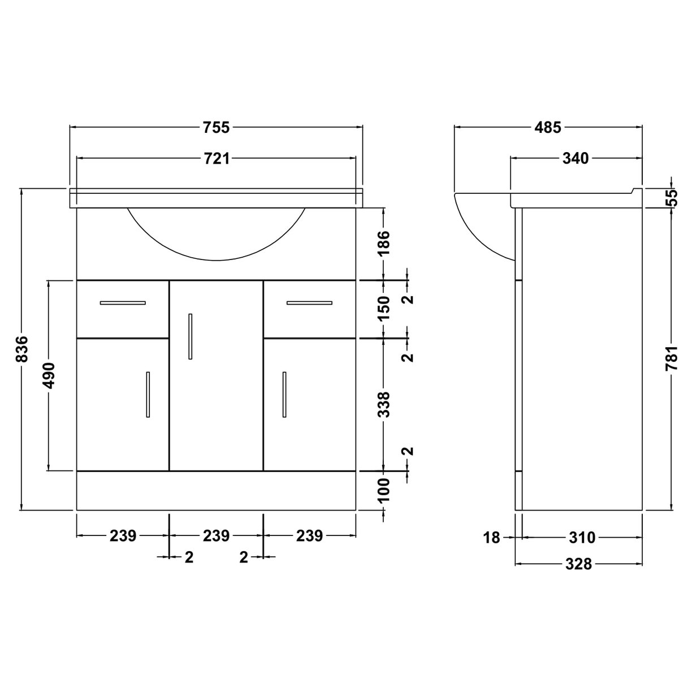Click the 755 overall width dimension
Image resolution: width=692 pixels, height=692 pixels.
[x=216, y=128]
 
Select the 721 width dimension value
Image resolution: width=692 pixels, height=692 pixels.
[x=216, y=159]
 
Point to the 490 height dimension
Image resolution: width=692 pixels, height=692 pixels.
[x=49, y=375]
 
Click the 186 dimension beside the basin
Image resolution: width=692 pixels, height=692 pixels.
[x=384, y=243]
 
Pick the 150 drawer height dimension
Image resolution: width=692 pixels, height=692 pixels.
[x=384, y=308]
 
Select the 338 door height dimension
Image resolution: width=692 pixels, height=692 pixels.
[x=384, y=404]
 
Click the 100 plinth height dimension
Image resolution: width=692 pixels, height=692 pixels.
[x=384, y=491]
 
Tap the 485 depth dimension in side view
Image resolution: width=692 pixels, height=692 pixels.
[x=548, y=128]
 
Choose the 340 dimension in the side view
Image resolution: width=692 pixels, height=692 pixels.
[x=576, y=159]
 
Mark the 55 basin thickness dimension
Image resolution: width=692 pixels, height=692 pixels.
[x=671, y=198]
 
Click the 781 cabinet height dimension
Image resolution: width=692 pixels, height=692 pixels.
[x=671, y=358]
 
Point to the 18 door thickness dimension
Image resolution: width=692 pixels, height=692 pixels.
[x=492, y=538]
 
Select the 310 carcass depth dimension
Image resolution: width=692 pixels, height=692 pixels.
[x=582, y=538]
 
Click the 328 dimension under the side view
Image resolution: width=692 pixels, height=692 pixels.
[x=578, y=564]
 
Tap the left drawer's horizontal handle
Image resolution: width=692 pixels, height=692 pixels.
[x=123, y=303]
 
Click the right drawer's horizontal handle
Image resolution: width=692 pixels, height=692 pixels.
[x=309, y=303]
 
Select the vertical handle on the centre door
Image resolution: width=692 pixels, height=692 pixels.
[x=191, y=336]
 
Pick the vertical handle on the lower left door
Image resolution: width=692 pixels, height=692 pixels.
[x=148, y=395]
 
